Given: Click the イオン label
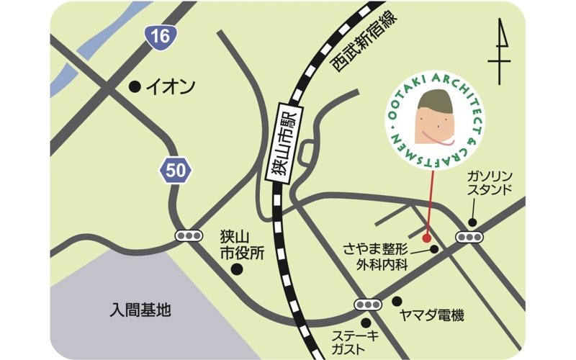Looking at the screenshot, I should click(171, 87).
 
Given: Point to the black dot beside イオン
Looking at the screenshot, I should click(134, 86).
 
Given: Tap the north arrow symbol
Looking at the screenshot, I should click(499, 53).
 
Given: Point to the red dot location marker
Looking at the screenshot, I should click(426, 237).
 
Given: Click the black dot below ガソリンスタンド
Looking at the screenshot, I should click(472, 222).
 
